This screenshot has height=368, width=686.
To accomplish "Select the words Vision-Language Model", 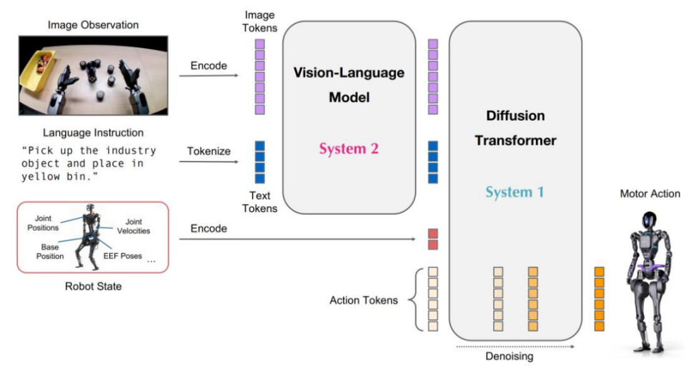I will [x=349, y=85].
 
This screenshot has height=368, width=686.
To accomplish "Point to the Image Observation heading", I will [x=93, y=26].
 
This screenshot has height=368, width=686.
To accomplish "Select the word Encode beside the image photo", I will [x=209, y=66].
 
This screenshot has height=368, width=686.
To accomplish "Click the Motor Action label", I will [x=650, y=194].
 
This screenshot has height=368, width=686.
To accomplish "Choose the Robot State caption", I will [x=93, y=287].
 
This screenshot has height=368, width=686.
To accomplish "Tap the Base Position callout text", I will [x=50, y=251].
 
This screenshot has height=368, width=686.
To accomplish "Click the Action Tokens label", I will [x=364, y=300].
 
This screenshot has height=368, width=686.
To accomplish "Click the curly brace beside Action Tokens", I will [x=414, y=300].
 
